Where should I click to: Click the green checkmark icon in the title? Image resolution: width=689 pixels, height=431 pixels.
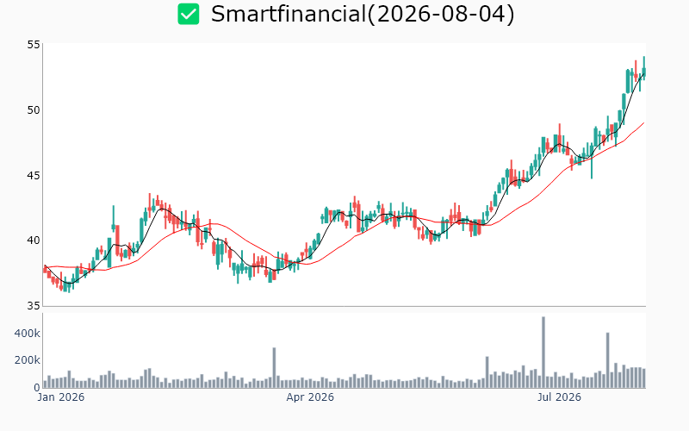[x=189, y=14]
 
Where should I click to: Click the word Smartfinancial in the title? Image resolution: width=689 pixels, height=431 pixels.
[x=289, y=14]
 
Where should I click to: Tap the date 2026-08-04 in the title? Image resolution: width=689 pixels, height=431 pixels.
[x=440, y=14]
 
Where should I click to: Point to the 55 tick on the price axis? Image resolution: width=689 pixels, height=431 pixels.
[x=34, y=45]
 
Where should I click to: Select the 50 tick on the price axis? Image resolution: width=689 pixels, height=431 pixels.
[x=34, y=110]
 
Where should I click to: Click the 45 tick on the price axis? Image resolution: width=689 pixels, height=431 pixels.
[x=34, y=176]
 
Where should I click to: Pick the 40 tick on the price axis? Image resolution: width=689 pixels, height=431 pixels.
[x=34, y=240]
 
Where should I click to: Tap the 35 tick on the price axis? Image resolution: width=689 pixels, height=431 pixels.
[x=34, y=305]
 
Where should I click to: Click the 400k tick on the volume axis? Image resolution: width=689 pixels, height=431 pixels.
[x=28, y=334]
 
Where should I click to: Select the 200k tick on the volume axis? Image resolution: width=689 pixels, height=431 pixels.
[x=28, y=360]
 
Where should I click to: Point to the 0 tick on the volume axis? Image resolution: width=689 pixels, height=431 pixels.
[x=37, y=387]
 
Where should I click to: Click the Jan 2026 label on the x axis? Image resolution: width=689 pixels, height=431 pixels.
[x=60, y=397]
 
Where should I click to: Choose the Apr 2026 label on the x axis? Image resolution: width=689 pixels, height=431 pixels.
[x=310, y=397]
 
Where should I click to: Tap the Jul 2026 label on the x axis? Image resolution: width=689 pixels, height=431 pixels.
[x=559, y=397]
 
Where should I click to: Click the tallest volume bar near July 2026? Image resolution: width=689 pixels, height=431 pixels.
[x=543, y=353]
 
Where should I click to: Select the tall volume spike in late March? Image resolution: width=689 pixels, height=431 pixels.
[x=274, y=368]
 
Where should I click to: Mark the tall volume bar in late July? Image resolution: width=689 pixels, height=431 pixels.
[x=608, y=360]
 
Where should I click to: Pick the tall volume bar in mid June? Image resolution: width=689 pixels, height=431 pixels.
[x=487, y=372]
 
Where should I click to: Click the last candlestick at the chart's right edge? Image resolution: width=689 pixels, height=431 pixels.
[x=644, y=68]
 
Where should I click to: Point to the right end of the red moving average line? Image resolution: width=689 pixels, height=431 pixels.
[x=644, y=122]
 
